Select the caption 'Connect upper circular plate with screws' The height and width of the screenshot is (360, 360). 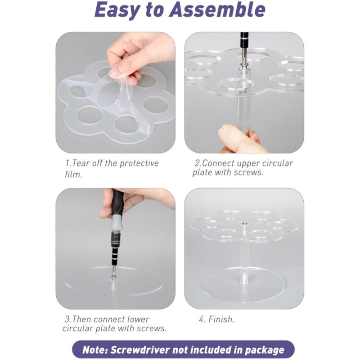(243, 168)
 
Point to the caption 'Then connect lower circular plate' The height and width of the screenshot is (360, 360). (115, 324)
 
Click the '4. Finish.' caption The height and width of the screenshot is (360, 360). (216, 319)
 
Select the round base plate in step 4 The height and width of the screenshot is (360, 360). (243, 286)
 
